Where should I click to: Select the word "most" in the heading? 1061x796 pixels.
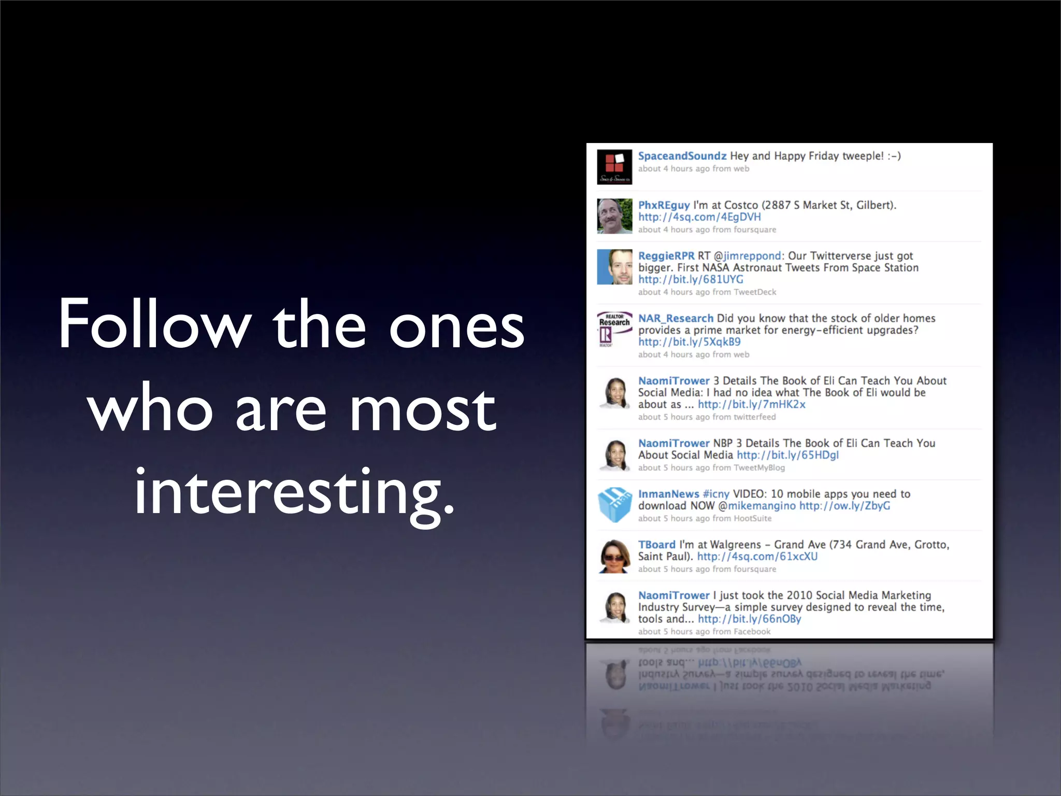(x=423, y=409)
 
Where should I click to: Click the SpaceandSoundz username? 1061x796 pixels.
(x=682, y=156)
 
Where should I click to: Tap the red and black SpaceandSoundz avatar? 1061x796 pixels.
(x=614, y=167)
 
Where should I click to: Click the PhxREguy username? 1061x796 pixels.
(x=664, y=205)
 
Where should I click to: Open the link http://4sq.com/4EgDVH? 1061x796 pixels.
(x=699, y=217)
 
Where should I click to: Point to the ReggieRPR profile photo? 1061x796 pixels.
(x=614, y=267)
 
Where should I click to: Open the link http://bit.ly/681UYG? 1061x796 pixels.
(x=691, y=279)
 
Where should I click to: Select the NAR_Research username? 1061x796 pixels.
(x=676, y=318)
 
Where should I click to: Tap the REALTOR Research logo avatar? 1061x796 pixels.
(x=614, y=330)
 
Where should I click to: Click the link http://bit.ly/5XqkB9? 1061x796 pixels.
(x=689, y=342)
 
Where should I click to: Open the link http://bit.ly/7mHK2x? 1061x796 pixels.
(x=751, y=404)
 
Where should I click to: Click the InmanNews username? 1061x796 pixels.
(x=668, y=494)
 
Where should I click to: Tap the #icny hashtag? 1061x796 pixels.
(x=716, y=494)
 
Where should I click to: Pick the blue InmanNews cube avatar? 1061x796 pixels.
(x=614, y=505)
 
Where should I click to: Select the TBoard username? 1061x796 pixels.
(x=656, y=545)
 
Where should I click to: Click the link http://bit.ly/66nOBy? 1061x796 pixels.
(x=749, y=619)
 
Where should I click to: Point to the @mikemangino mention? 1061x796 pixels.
(x=757, y=506)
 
